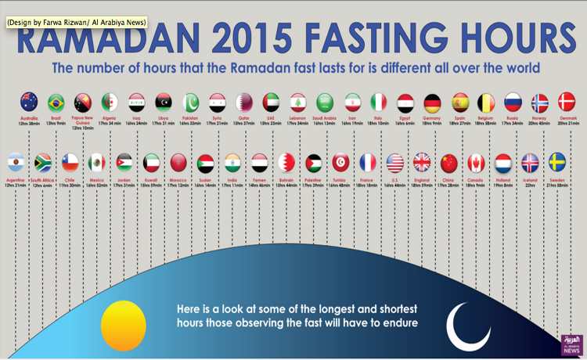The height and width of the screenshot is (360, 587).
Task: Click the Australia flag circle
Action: (x=30, y=102)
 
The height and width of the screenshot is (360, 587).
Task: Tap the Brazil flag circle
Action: (x=56, y=103)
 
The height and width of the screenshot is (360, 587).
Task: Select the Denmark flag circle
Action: (x=567, y=102)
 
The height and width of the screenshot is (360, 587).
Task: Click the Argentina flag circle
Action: (x=16, y=163)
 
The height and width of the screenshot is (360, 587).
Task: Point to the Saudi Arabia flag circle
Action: (x=325, y=103)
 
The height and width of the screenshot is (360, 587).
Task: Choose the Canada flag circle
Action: (x=476, y=163)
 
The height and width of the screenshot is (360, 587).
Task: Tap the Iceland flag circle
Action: (x=531, y=163)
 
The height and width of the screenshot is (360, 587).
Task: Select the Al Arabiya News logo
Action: (x=571, y=344)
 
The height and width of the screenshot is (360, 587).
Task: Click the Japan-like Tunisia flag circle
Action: (x=340, y=163)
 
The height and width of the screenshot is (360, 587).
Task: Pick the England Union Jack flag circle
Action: (x=422, y=163)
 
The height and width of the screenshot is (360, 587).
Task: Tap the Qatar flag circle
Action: (x=245, y=103)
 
